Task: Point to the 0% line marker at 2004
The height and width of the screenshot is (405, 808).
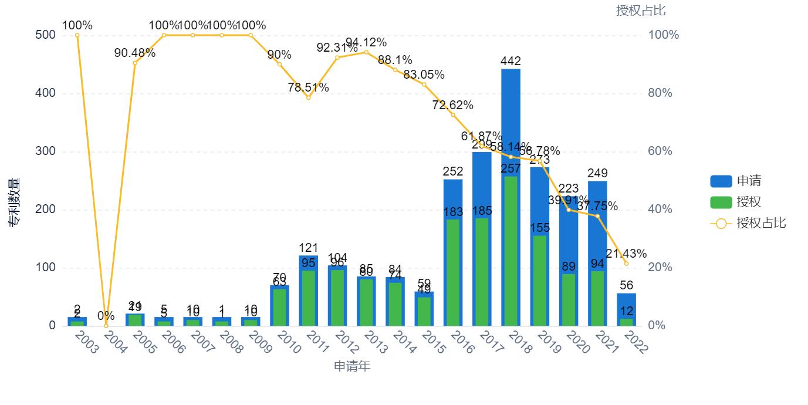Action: click(x=106, y=326)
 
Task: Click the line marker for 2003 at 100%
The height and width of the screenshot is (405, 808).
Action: click(x=77, y=35)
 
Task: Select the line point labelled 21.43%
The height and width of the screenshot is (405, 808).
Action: click(x=626, y=264)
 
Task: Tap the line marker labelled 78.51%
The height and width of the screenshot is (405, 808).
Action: click(x=308, y=97)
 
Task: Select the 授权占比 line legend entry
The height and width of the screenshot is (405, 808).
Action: click(x=748, y=223)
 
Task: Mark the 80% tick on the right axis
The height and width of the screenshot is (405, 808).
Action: click(x=660, y=93)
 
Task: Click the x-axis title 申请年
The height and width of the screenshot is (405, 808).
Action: click(x=352, y=367)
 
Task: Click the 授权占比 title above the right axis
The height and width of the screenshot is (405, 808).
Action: click(x=641, y=11)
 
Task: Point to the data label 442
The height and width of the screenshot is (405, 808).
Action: click(x=511, y=61)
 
